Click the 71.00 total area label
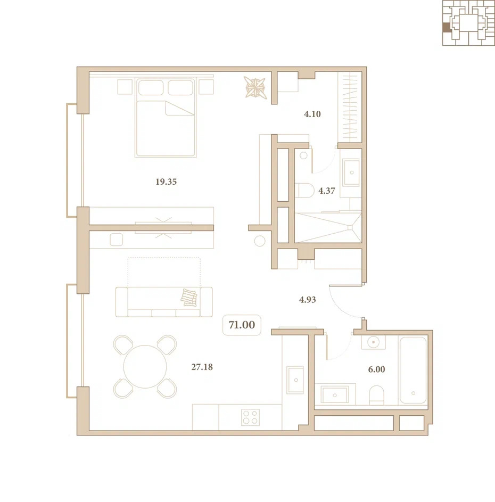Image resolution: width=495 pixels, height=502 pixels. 242,325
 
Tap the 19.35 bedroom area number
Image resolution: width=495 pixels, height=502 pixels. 166,182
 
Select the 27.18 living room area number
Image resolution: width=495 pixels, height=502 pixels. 202,367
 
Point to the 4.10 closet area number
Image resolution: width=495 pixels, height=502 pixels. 312,114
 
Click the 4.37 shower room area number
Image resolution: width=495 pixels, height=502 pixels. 327,191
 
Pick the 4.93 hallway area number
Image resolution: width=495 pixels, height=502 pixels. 307,300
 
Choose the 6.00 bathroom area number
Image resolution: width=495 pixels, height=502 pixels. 376,369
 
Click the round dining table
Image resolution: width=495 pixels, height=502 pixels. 145,367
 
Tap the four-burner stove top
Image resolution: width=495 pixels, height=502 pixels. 250,417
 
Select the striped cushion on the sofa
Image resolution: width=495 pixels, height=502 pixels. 189,298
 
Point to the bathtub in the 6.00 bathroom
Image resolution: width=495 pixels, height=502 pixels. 413,370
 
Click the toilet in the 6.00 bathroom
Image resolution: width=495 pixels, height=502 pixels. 376,395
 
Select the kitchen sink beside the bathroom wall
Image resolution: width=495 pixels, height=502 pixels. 295,380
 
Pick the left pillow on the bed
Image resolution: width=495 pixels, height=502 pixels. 151,87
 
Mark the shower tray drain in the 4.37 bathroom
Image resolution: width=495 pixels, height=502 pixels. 350,227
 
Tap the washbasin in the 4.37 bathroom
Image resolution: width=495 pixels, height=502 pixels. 351,172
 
